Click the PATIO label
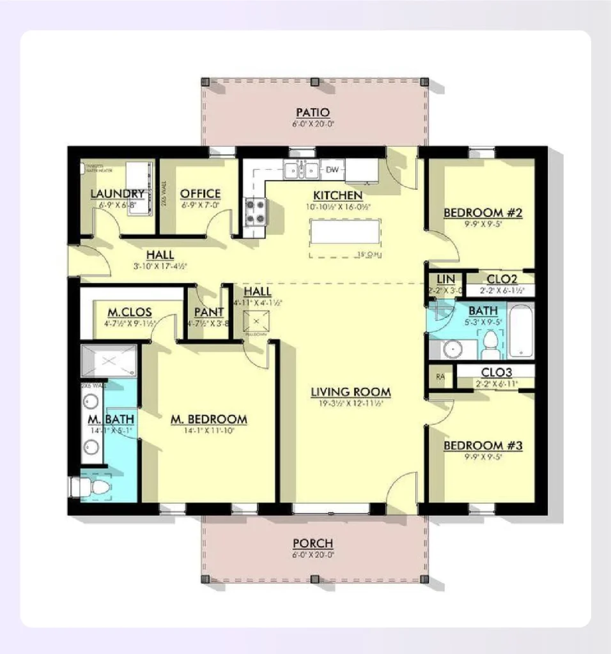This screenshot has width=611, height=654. [313, 113]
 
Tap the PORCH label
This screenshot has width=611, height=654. [313, 544]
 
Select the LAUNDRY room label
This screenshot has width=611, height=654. [117, 194]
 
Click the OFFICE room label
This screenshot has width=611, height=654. [200, 194]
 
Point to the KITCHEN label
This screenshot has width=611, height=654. [337, 195]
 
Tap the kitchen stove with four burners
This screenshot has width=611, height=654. [256, 211]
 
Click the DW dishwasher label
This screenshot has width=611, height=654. [332, 170]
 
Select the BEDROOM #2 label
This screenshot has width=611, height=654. [483, 213]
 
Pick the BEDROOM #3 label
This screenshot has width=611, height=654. [483, 445]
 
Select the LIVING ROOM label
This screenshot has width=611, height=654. [351, 392]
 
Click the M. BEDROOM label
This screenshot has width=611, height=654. [209, 420]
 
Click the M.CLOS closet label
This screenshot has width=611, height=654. [129, 312]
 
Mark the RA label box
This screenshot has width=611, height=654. [440, 376]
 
